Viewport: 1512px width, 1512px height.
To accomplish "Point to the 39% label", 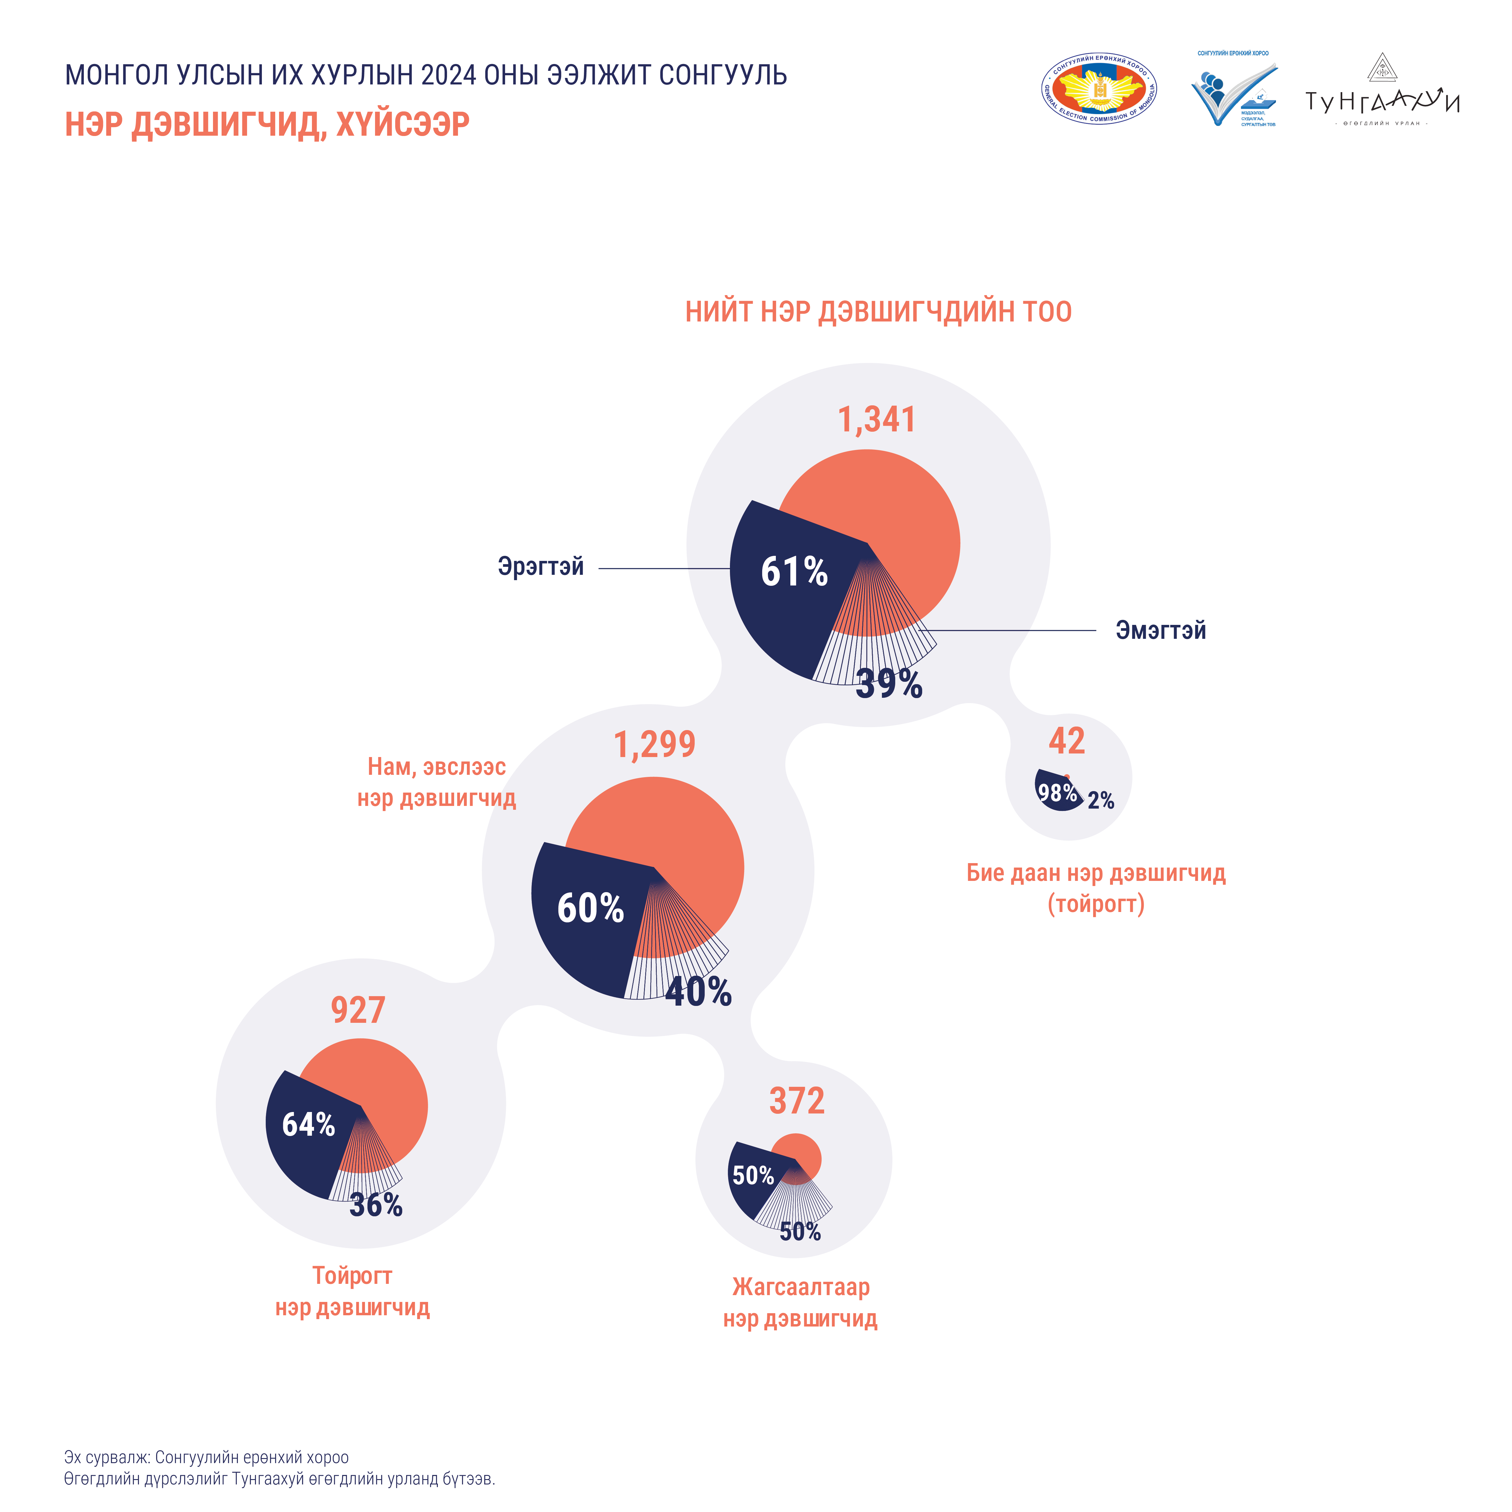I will (x=889, y=684).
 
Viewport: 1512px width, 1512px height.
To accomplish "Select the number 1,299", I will (x=654, y=744).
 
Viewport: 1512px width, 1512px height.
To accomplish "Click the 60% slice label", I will (x=590, y=908).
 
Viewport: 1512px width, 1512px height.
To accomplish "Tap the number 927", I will (x=358, y=1010).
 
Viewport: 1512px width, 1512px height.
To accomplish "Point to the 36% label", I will (x=376, y=1205).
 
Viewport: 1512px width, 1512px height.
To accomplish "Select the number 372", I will (x=797, y=1101).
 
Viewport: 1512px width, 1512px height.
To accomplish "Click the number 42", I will (x=1067, y=741).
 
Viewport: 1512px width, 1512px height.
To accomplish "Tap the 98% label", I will (x=1057, y=793).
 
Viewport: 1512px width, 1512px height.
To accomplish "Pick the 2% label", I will (x=1100, y=800).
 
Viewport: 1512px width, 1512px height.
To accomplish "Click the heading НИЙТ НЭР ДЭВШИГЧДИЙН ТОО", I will (x=878, y=311).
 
